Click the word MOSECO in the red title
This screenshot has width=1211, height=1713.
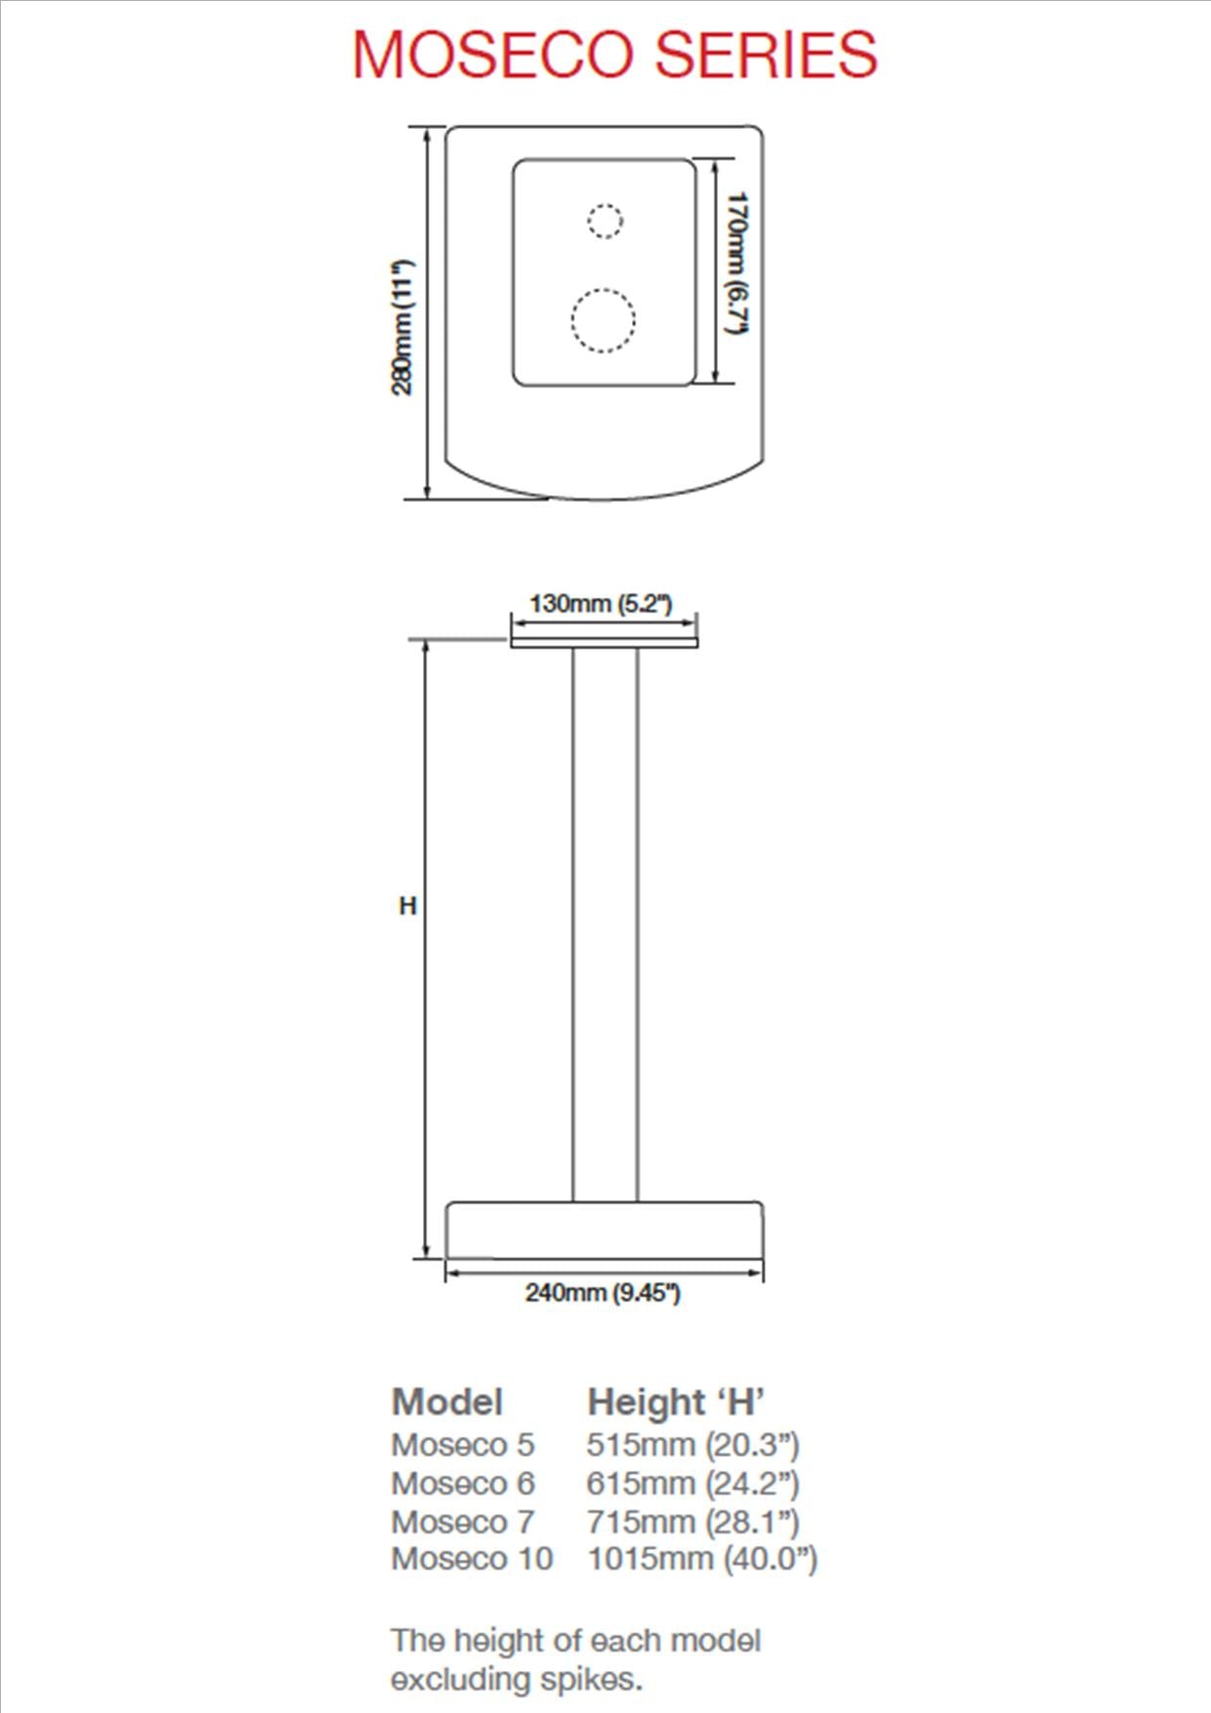(x=492, y=55)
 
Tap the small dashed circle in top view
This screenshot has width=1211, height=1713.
(x=605, y=221)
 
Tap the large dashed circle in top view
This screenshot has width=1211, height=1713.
(x=604, y=320)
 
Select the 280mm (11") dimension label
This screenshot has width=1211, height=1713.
(x=402, y=327)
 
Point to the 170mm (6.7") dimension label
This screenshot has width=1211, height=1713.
(x=736, y=264)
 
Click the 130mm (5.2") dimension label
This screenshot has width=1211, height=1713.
(x=601, y=604)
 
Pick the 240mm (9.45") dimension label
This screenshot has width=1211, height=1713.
(x=602, y=1293)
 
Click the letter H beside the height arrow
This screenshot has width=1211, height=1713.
(x=408, y=906)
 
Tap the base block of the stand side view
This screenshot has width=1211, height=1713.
(x=604, y=1231)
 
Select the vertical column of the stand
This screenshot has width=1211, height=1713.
(x=605, y=923)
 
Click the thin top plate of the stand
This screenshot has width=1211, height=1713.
(x=604, y=642)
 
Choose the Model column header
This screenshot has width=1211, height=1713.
(x=447, y=1402)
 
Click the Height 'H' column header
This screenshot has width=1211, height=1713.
(x=675, y=1402)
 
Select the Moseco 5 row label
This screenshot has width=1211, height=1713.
(x=463, y=1444)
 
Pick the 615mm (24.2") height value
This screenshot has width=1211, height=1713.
(x=692, y=1483)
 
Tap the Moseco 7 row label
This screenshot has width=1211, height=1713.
(x=463, y=1522)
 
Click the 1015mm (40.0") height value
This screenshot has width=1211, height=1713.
(x=701, y=1559)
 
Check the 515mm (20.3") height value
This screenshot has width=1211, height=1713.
(x=692, y=1444)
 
